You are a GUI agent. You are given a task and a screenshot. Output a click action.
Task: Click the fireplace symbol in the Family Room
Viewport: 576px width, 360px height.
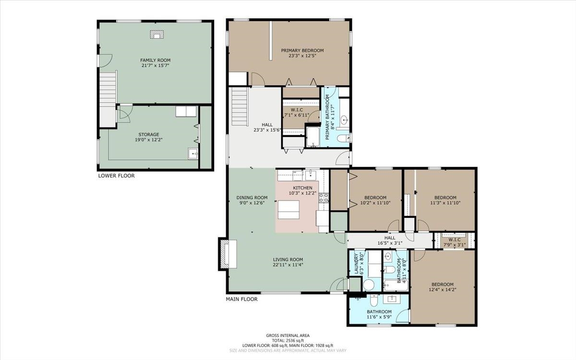(157, 35)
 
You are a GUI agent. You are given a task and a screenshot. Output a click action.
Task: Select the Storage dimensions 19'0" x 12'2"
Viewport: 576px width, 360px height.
(149, 140)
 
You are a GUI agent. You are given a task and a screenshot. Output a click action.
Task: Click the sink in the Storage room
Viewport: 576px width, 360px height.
(192, 154)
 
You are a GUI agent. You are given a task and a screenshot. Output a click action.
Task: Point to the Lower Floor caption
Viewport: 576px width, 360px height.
(117, 176)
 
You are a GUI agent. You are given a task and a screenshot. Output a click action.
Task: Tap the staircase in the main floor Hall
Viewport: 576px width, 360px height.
(240, 107)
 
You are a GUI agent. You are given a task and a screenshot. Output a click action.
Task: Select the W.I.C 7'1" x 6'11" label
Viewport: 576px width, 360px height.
(297, 112)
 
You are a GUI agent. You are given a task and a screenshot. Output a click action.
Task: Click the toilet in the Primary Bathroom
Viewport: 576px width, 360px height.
(343, 138)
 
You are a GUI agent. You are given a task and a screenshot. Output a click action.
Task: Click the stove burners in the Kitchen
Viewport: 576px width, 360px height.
(324, 197)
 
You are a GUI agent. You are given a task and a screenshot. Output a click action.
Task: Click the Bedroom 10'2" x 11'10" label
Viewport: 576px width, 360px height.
(375, 200)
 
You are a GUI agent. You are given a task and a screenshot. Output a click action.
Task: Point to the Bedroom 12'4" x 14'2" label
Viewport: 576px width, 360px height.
(443, 287)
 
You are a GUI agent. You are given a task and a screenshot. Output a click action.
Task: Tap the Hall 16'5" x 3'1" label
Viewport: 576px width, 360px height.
(390, 240)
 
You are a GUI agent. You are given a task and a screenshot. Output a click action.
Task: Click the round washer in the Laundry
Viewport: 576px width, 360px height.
(369, 285)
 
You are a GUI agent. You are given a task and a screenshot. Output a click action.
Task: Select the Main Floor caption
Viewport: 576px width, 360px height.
(242, 300)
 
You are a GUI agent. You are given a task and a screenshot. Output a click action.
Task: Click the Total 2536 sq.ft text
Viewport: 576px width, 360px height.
(288, 340)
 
